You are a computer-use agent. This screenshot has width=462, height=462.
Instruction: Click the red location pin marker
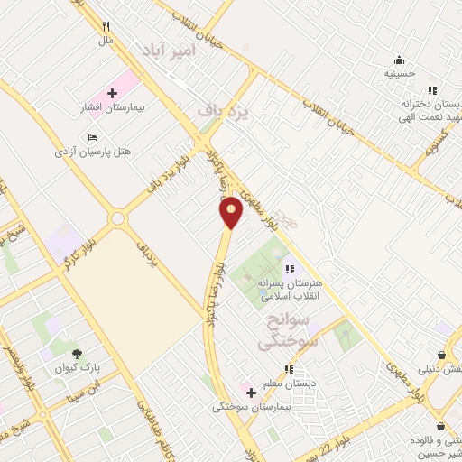click(x=232, y=212)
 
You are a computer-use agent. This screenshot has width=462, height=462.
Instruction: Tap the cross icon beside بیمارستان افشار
click(x=112, y=93)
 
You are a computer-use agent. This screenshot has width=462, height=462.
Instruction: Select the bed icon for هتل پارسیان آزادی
click(x=92, y=137)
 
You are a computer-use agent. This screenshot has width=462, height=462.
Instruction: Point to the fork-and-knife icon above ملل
click(x=106, y=27)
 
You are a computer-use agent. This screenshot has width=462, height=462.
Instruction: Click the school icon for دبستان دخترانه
click(x=432, y=90)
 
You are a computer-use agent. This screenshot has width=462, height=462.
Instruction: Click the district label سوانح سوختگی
click(x=283, y=331)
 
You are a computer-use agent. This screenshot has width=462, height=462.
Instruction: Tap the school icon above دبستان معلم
click(x=289, y=369)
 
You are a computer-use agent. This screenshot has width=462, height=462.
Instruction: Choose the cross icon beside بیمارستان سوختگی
click(x=251, y=393)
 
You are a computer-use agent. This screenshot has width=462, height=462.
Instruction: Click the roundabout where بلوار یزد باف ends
click(x=117, y=219)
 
